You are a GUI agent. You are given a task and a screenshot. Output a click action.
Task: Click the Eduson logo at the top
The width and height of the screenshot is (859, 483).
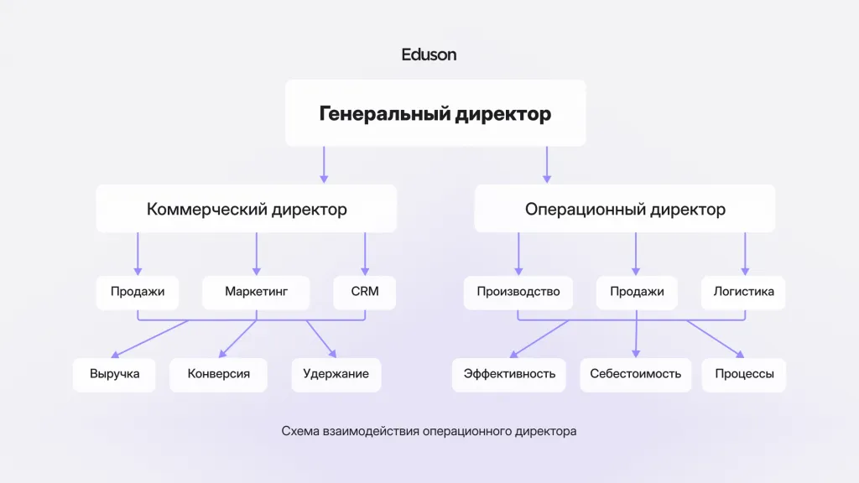(x=429, y=55)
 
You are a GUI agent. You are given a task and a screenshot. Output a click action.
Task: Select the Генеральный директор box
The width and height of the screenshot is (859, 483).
(x=435, y=113)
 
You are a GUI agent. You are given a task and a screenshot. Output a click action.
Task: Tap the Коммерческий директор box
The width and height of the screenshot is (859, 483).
(x=247, y=209)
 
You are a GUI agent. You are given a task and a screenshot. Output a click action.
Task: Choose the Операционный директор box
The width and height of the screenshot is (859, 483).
(x=625, y=209)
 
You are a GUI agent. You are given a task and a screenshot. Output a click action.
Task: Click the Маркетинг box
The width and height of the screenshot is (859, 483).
(x=256, y=293)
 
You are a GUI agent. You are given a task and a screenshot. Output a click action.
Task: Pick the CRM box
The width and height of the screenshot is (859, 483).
(x=365, y=293)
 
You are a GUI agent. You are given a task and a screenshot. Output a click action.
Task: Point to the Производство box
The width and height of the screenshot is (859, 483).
(x=518, y=293)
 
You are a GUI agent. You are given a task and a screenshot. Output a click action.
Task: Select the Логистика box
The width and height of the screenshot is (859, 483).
(x=743, y=293)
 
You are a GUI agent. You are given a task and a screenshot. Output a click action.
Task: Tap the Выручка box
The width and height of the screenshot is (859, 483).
(x=114, y=375)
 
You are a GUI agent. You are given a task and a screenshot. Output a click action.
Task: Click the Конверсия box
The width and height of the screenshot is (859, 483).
(x=219, y=375)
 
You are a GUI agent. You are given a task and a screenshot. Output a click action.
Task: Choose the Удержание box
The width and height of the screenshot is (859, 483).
(x=336, y=375)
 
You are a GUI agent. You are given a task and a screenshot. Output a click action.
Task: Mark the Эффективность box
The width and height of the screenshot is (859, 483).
(x=509, y=375)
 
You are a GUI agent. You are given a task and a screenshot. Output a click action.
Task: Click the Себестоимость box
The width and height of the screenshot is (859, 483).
(x=636, y=375)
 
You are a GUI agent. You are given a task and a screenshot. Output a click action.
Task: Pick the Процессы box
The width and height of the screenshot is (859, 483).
(x=744, y=375)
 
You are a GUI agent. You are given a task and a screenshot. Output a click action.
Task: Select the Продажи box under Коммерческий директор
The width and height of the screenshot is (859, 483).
(x=138, y=293)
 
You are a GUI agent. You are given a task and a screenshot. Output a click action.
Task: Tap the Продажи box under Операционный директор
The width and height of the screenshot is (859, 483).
(x=637, y=293)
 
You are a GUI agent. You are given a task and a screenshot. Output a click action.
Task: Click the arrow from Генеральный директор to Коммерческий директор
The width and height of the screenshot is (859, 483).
(x=324, y=164)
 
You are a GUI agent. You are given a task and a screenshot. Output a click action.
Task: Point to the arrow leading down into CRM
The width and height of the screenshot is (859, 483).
(x=365, y=253)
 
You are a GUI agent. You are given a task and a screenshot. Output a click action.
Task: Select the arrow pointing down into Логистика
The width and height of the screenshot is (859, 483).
(x=745, y=253)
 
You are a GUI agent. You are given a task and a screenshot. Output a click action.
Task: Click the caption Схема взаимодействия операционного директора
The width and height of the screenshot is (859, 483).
(x=429, y=431)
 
